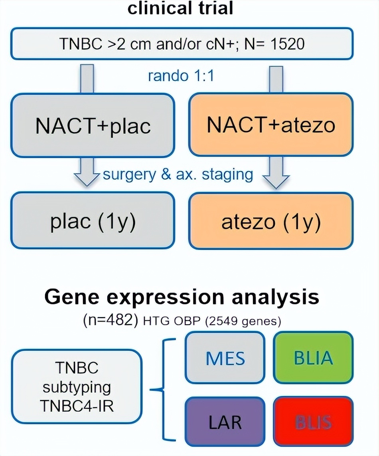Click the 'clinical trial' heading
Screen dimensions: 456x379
[180, 8]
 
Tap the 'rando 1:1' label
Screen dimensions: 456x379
[180, 76]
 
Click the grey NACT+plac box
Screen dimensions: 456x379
[93, 125]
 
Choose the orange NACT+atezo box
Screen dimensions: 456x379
[270, 125]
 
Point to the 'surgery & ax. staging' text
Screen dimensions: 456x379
[178, 174]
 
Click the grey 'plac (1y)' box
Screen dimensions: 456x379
[93, 220]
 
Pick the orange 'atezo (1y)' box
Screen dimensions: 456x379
[270, 220]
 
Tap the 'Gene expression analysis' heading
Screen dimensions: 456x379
[182, 297]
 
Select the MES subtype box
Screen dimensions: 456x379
[225, 358]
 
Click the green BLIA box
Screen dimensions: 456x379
[313, 358]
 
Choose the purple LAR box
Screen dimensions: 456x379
[225, 422]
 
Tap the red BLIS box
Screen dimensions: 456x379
[313, 422]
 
